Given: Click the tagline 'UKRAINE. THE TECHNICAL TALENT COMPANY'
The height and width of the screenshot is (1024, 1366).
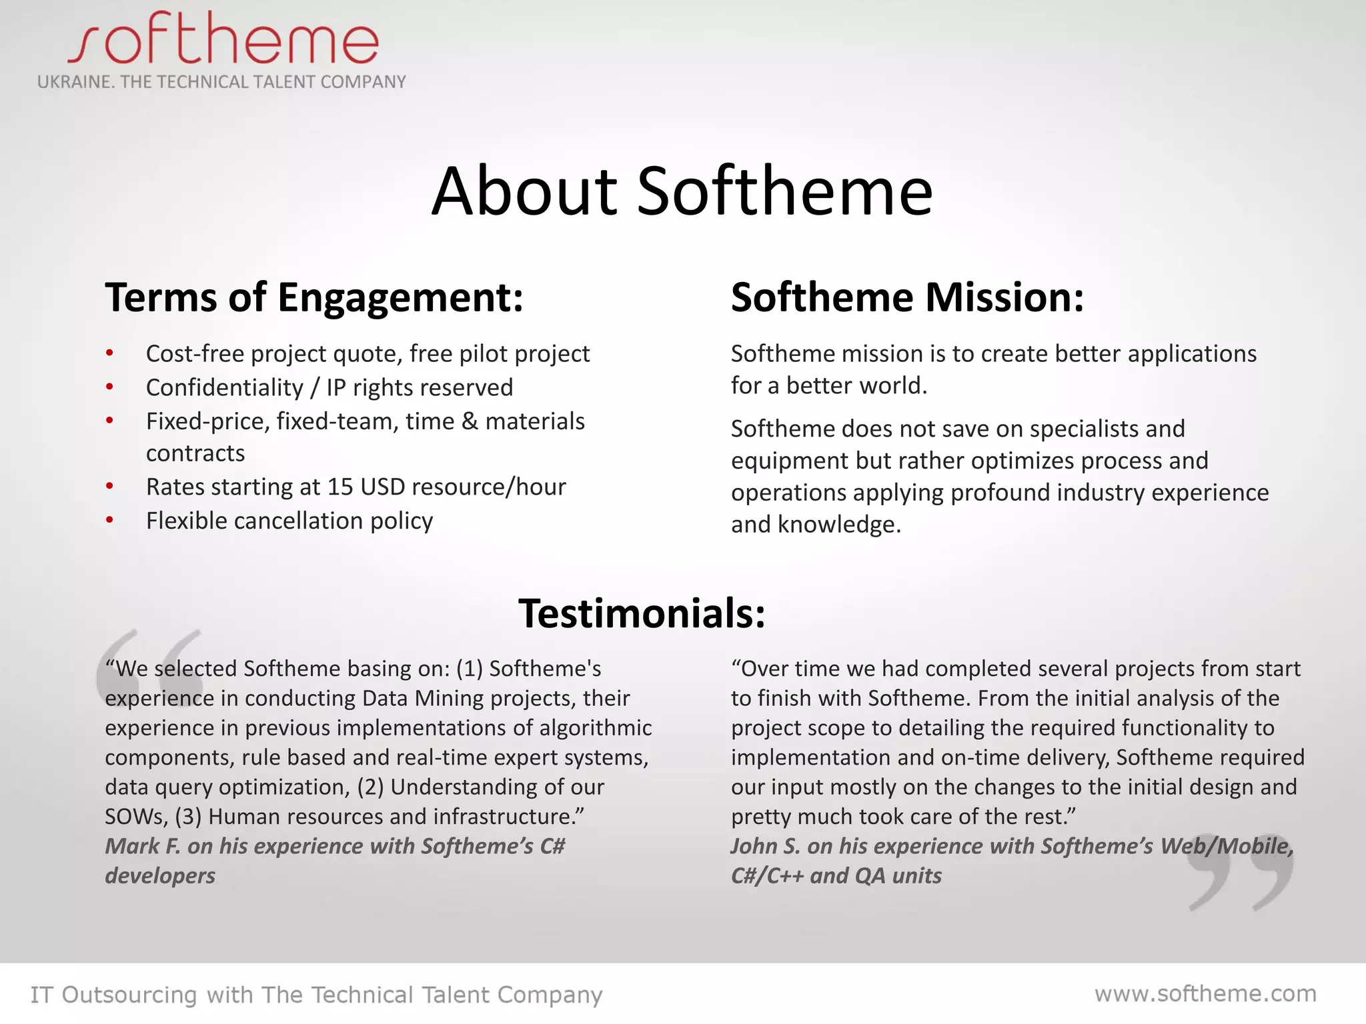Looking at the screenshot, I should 221,82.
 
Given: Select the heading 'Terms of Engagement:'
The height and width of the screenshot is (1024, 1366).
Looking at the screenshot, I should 314,297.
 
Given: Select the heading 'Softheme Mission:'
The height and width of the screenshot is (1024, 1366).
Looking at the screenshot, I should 907,297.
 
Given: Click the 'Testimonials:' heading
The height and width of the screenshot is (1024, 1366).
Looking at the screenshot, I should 642,613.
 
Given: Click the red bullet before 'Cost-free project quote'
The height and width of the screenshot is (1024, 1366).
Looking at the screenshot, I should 110,353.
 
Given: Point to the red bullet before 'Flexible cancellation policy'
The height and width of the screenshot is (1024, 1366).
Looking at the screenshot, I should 110,521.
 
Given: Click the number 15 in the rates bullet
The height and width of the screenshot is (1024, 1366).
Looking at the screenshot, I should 340,487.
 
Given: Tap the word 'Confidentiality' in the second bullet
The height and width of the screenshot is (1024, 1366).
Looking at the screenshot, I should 225,387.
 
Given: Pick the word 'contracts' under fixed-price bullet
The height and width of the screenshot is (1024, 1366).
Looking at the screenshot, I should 195,453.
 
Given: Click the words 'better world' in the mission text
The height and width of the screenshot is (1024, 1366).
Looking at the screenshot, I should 856,386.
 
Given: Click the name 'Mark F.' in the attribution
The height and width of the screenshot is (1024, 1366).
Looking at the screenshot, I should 143,846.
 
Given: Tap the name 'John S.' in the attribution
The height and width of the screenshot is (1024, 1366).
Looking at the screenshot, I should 765,846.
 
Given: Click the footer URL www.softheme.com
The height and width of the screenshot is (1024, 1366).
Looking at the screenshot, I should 1205,993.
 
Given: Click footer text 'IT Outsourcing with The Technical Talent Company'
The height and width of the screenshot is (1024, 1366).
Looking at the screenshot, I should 316,995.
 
